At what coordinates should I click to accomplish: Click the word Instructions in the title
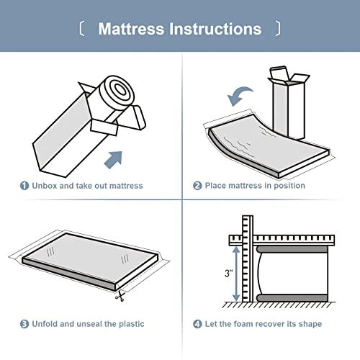tap(215, 30)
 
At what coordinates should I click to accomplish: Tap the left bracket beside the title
tap(81, 30)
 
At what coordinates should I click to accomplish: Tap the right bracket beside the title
tap(278, 30)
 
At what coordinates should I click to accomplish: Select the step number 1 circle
tap(24, 186)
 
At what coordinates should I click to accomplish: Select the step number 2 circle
tap(197, 186)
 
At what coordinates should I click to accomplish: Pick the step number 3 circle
tap(24, 324)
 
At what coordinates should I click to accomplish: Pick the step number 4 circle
tap(197, 324)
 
